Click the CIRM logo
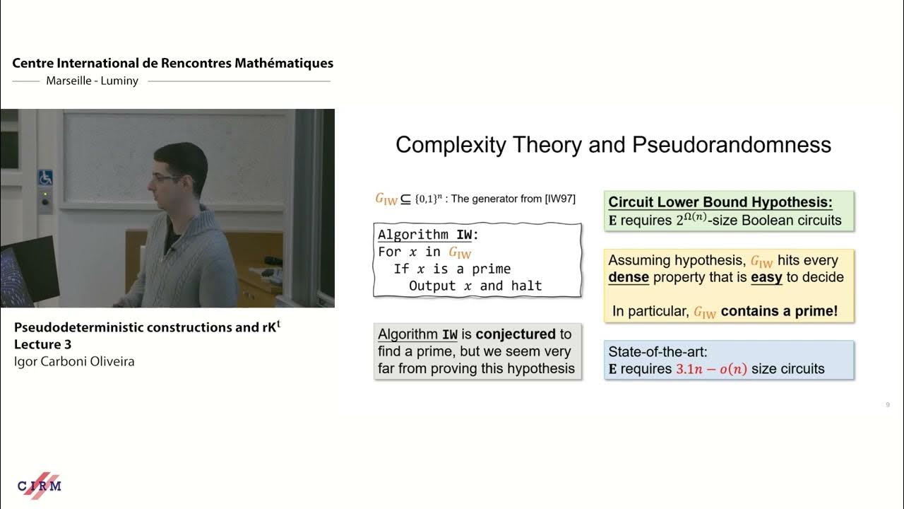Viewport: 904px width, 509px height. click(40, 486)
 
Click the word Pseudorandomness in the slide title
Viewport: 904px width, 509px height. click(731, 145)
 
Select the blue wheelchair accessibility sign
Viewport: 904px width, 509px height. click(45, 177)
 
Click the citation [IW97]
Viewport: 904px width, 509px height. click(560, 199)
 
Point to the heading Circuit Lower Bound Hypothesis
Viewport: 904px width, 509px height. click(720, 202)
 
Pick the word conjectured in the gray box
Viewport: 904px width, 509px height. click(516, 334)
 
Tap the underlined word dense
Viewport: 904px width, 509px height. click(628, 277)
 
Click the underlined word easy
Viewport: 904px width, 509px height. click(766, 277)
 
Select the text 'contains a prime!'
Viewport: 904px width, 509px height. click(779, 311)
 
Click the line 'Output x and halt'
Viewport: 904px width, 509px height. click(475, 286)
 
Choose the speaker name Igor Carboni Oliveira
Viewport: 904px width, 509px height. click(74, 361)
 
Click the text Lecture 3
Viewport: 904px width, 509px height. click(42, 344)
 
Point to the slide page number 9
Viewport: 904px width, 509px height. click(887, 405)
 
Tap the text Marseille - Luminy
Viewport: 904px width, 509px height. click(93, 81)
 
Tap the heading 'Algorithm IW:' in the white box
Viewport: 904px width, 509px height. click(428, 235)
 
